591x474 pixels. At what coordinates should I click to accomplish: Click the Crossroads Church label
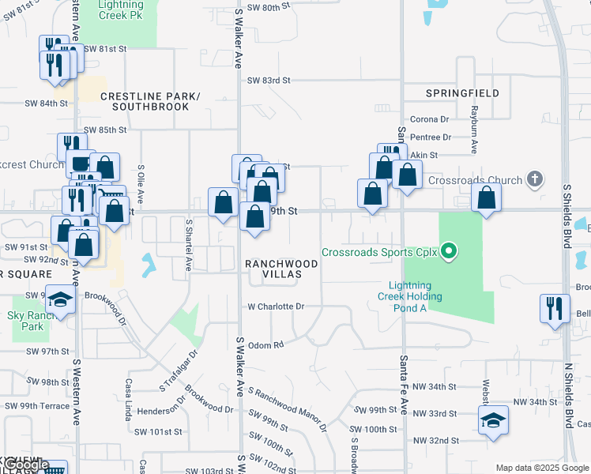[x=475, y=180]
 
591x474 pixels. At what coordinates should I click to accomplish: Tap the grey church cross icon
[x=535, y=179]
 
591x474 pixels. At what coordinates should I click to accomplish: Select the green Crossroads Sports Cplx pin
[x=450, y=253]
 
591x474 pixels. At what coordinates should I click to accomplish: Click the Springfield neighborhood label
[x=462, y=93]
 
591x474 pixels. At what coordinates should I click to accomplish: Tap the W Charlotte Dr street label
[x=276, y=306]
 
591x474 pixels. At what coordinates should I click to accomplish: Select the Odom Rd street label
[x=265, y=344]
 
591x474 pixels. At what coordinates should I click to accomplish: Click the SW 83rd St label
[x=269, y=81]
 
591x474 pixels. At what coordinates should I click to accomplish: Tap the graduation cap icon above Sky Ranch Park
[x=60, y=299]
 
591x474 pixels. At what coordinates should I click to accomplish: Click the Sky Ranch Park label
[x=32, y=320]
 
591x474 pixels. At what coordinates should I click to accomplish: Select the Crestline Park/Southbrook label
[x=150, y=101]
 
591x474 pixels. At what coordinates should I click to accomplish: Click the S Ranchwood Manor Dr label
[x=286, y=410]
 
